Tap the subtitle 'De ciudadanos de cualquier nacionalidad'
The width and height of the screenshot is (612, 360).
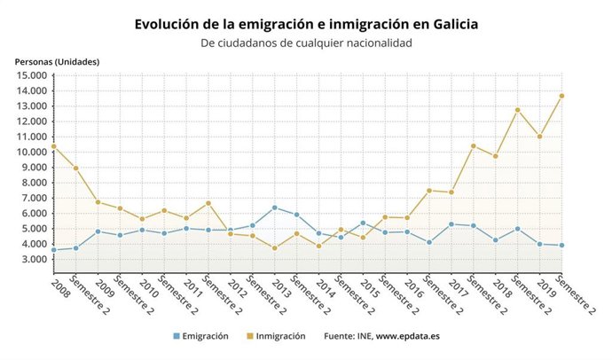pyautogui.click(x=306, y=43)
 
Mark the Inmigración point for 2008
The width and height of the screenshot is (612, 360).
pyautogui.click(x=53, y=146)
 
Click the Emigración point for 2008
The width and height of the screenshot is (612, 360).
pyautogui.click(x=53, y=250)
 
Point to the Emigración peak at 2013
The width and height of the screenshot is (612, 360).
pyautogui.click(x=275, y=207)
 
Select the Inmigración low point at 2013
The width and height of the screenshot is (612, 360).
pyautogui.click(x=275, y=248)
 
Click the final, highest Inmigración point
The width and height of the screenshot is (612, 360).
pyautogui.click(x=561, y=96)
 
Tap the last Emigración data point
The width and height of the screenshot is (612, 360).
pyautogui.click(x=561, y=246)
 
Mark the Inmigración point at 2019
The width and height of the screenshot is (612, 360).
pyautogui.click(x=539, y=137)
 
